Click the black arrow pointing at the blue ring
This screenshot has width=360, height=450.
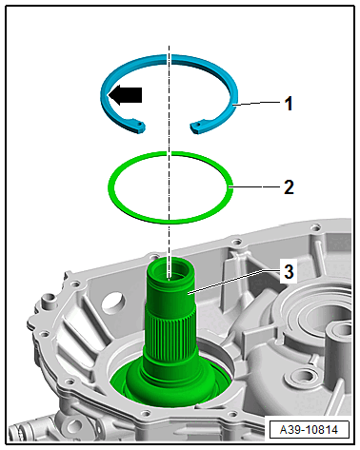click(x=125, y=95)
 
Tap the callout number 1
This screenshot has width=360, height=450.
click(x=289, y=104)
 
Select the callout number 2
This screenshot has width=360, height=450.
click(x=289, y=187)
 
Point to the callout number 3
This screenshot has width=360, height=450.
click(x=289, y=272)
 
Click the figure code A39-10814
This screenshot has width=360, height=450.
click(x=309, y=430)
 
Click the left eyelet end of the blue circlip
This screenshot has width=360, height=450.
click(x=140, y=126)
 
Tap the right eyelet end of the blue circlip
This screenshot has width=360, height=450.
click(x=196, y=127)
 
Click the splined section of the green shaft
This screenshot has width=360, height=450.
click(x=170, y=331)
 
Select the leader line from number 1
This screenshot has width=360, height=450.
click(x=258, y=104)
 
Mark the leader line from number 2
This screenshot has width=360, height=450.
click(x=256, y=187)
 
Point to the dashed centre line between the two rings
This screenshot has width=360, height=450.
click(x=170, y=142)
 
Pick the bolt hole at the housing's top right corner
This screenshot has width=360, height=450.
click(x=315, y=227)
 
